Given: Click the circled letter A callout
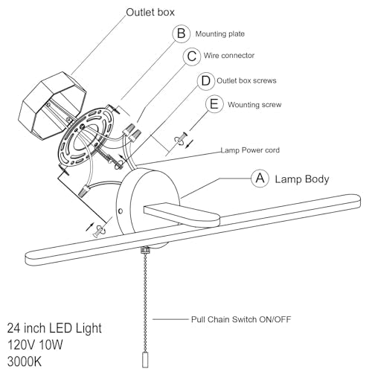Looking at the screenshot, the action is [260, 179].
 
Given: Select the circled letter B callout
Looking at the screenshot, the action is [182, 33].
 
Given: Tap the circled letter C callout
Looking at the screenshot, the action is [192, 57].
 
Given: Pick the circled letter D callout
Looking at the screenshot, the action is [206, 81].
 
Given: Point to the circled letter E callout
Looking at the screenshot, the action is [214, 104].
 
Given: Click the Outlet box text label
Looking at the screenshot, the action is [150, 12].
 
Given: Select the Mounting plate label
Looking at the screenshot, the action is [220, 34].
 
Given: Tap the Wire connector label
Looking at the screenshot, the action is [229, 55].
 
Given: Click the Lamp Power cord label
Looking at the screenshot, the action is [250, 150].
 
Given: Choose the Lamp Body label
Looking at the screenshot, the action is [302, 179].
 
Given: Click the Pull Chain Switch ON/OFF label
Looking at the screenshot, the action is [241, 319].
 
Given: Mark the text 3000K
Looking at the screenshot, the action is [25, 362].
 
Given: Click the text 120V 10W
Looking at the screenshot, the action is [35, 344].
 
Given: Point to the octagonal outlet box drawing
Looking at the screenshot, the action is [51, 105].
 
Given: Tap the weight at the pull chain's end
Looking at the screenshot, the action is [145, 360].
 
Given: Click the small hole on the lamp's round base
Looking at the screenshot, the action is [121, 211].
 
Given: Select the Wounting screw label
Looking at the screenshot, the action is [254, 105].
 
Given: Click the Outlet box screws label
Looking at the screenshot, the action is [246, 80].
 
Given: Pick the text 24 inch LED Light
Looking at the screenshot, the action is [54, 328].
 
